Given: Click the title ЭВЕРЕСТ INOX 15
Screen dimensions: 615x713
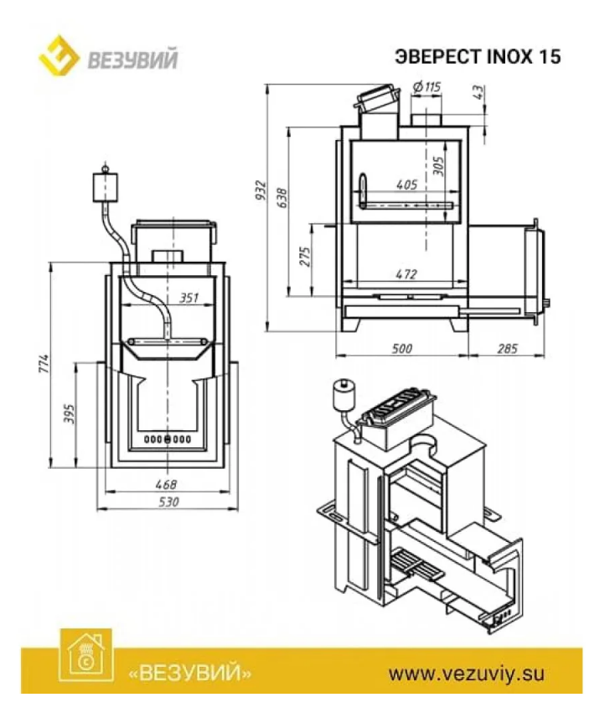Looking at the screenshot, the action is coord(478,57).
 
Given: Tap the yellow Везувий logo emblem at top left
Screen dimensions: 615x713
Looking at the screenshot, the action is coord(59,55).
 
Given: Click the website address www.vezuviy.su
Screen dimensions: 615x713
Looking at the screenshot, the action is coord(466,674).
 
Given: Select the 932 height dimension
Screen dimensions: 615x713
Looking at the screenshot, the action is coord(261,190).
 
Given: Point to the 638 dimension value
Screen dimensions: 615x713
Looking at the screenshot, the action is coord(282,197).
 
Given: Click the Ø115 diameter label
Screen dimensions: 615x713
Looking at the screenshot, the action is coord(427,86).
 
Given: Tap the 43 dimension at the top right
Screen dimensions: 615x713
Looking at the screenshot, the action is coord(479,92).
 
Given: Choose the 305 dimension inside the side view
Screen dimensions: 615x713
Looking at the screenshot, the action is coord(438,166).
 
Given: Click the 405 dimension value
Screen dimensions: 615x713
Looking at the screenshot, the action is coord(406,185).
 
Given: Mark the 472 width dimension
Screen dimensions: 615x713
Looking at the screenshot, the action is coord(406,274).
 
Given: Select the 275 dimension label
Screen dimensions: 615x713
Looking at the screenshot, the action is coord(305,257).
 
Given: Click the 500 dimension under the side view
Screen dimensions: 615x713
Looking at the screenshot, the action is coord(402,348).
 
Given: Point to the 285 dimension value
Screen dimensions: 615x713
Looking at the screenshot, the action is coord(508,348).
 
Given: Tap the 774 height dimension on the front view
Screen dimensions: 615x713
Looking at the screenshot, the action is coord(43,364).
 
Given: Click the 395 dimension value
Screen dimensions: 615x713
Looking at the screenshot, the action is coord(69,414).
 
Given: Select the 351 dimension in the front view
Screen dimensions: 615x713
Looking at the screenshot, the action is coord(189,299).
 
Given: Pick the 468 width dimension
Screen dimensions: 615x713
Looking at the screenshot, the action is coord(166,484).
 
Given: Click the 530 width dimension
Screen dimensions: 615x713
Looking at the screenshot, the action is coord(168,502).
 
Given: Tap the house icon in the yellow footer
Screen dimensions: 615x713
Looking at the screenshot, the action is coord(85,655).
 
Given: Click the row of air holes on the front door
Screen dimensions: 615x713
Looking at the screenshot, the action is coord(168,440).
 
